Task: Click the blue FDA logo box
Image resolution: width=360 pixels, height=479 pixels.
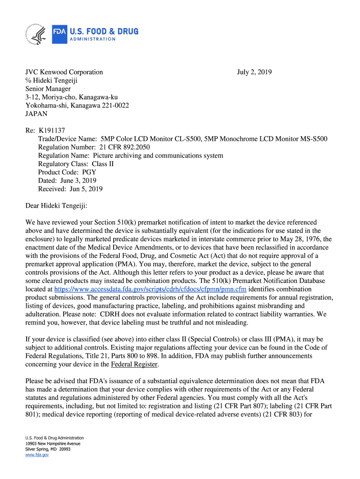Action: [59, 34]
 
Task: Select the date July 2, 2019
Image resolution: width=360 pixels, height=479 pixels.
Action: [254, 72]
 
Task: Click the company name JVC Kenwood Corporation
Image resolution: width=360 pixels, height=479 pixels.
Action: [64, 72]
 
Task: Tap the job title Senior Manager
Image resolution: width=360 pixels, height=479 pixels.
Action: [48, 89]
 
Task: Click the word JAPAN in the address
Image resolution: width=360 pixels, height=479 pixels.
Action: [36, 114]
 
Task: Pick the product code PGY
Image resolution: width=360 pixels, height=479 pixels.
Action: [89, 172]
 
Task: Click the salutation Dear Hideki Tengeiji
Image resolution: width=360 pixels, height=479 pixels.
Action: [56, 206]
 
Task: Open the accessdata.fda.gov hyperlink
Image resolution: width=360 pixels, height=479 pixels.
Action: [151, 289]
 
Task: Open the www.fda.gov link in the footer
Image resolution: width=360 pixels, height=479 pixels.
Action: [37, 454]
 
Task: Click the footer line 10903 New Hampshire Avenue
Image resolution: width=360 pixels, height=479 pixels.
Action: [53, 443]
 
